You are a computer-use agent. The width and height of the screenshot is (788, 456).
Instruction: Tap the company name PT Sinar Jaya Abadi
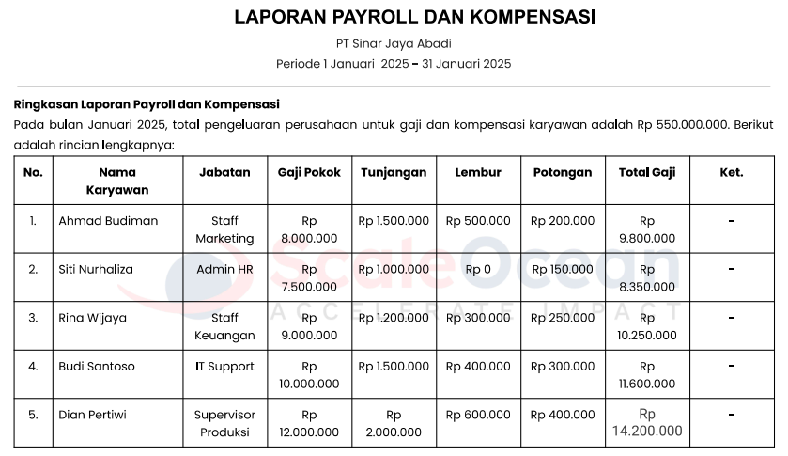[x=394, y=43]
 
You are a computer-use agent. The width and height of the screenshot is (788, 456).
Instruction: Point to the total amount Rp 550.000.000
[x=683, y=124]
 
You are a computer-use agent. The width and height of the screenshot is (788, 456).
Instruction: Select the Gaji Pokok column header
[x=309, y=172]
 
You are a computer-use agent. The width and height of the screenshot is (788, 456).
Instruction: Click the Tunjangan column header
[x=394, y=172]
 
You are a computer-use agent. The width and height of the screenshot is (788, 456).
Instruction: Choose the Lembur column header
[x=478, y=172]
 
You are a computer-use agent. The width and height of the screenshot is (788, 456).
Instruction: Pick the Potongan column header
[x=563, y=172]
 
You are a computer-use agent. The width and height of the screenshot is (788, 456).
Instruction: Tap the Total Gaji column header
[x=647, y=172]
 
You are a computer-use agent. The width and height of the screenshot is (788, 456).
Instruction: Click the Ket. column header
[x=731, y=172]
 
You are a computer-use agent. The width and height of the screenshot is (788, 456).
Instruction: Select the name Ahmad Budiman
[x=108, y=221]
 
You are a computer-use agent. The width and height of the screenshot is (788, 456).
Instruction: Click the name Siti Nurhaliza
[x=96, y=269]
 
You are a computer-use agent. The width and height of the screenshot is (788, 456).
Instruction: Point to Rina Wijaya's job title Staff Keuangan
[x=224, y=326]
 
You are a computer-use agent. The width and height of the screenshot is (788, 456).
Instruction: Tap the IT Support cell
[x=224, y=367]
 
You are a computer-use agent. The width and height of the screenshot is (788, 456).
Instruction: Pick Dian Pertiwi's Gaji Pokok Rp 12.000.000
[x=309, y=423]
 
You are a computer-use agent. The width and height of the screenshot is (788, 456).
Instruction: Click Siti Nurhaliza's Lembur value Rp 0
[x=478, y=269]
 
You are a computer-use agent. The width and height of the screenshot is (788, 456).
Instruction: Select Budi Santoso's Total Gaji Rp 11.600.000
[x=647, y=375]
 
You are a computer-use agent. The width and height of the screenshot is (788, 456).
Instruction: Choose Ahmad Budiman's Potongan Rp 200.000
[x=563, y=221]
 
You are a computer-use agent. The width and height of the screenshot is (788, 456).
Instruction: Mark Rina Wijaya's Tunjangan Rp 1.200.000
[x=394, y=318]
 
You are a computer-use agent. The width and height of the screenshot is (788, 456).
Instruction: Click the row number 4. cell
[x=33, y=367]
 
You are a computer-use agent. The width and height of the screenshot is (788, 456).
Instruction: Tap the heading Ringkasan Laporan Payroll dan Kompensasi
[x=147, y=104]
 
